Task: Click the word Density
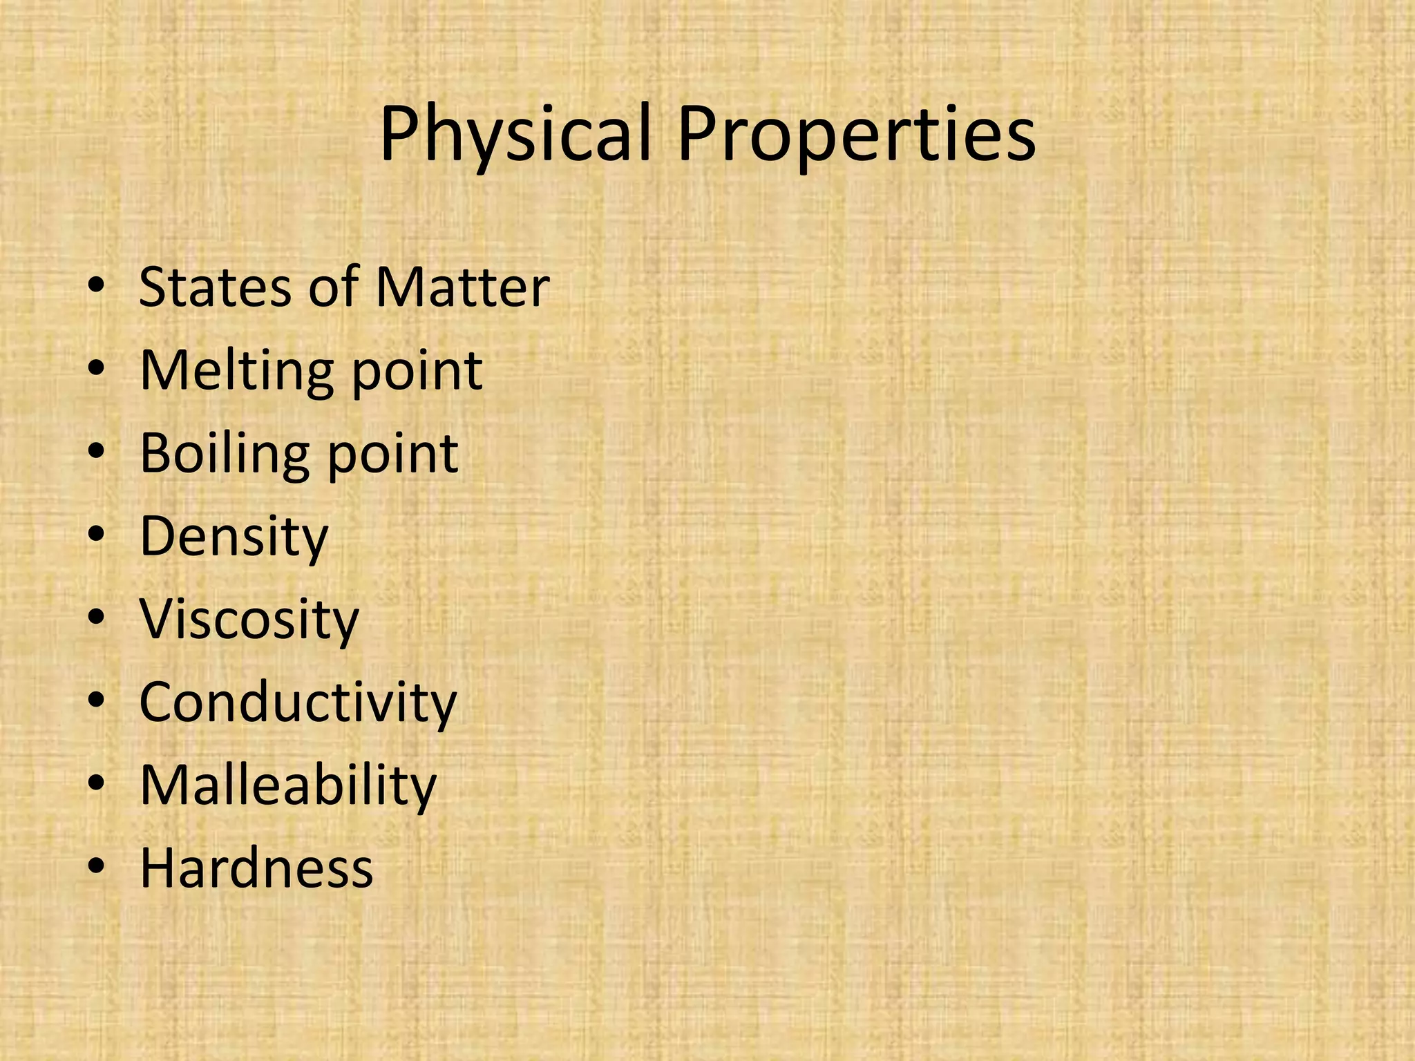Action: tap(234, 537)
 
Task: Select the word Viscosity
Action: tap(249, 620)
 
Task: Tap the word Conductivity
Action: tap(298, 702)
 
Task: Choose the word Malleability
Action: tap(288, 785)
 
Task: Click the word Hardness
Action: tap(256, 868)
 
